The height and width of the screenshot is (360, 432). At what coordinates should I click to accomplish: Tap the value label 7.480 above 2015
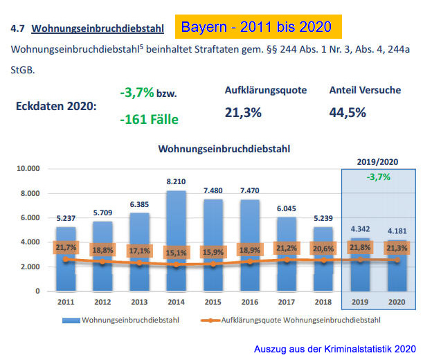[213, 191]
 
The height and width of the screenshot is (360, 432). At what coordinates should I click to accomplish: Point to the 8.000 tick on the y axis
[29, 193]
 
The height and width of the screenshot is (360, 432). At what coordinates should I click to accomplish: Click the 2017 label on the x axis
[287, 303]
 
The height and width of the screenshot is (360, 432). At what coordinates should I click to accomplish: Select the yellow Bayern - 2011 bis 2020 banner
[257, 28]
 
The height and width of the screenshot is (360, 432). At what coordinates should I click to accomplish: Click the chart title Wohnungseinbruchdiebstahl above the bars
[224, 149]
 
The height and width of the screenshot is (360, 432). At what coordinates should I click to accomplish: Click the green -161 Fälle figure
[149, 119]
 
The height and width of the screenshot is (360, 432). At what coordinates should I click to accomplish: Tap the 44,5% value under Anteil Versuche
[348, 112]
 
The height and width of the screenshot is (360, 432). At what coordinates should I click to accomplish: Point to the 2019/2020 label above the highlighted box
[379, 161]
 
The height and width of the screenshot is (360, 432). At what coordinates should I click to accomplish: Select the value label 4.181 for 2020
[397, 230]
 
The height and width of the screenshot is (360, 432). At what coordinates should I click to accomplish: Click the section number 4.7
[17, 28]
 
